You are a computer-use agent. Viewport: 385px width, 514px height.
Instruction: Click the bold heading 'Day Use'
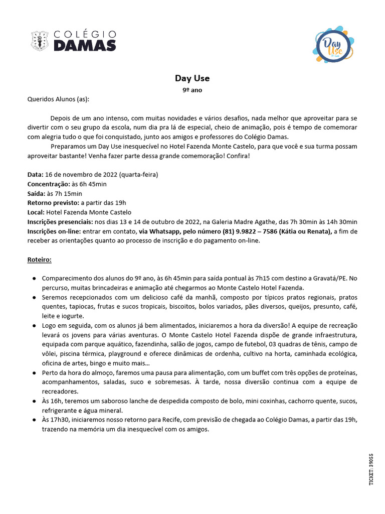pos(192,78)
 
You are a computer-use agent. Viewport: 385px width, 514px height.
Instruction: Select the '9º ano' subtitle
pos(192,90)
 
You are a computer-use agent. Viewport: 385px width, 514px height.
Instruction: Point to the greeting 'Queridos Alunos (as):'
pos(58,99)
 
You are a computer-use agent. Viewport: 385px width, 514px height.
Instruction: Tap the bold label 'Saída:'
pos(36,193)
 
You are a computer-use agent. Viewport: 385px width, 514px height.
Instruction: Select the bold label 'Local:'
pos(36,212)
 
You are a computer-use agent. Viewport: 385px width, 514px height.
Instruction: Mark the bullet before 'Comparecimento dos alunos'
pos(33,279)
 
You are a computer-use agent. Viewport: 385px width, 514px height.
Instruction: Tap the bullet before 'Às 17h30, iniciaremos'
pos(33,420)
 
